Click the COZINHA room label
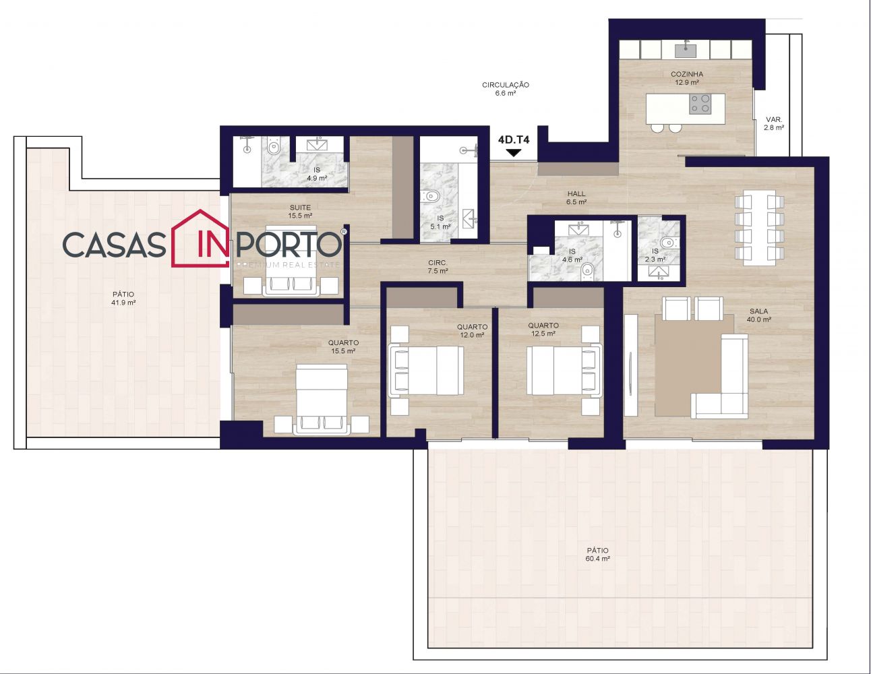coord(686,74)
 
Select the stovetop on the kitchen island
coord(700,103)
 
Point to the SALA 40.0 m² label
coord(759,315)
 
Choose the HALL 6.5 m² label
coord(576,198)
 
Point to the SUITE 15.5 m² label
coord(300,211)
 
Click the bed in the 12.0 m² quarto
coord(427,371)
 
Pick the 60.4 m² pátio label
coord(597,555)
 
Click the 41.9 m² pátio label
coord(123,299)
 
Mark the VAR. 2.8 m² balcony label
coord(774,123)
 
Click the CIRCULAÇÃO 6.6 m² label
coord(506,89)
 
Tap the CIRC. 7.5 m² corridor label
coord(438,267)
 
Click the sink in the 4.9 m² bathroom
coord(320,144)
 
